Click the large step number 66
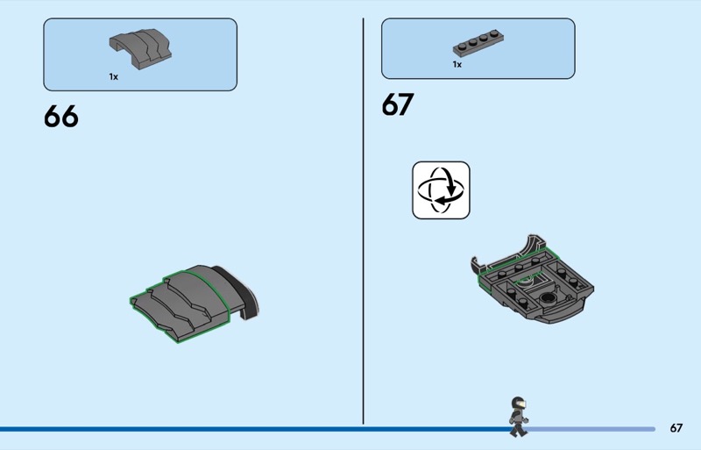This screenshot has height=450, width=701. (60, 117)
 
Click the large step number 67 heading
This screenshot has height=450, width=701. (398, 104)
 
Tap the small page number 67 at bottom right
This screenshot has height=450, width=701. (676, 428)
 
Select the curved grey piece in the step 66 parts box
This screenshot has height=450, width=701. (140, 49)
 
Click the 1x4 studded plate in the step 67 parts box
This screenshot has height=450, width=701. (478, 43)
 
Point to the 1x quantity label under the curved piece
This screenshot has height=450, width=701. (114, 77)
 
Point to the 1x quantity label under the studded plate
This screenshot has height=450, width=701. (457, 65)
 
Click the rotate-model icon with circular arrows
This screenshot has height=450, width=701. (441, 190)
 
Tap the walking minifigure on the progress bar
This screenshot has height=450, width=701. (518, 417)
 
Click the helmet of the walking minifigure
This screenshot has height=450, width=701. (518, 403)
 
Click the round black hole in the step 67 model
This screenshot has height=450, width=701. (547, 297)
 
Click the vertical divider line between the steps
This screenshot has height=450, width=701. (363, 221)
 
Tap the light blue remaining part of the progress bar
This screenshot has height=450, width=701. (591, 429)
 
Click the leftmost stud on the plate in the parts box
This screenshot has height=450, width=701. (463, 44)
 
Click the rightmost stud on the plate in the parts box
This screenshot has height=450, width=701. (494, 33)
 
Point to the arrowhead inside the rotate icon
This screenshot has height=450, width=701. (442, 200)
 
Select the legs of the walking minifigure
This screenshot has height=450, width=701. (518, 430)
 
